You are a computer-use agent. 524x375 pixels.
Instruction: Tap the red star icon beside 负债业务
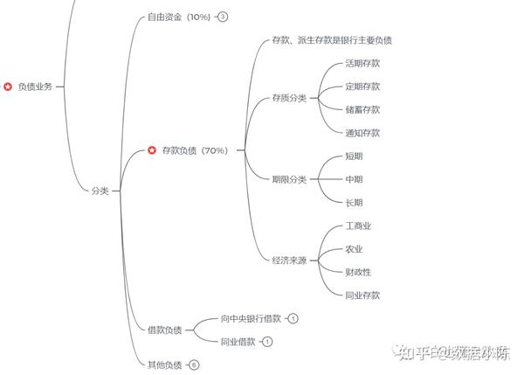(x=8, y=87)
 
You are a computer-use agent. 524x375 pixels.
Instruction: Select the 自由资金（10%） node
(x=179, y=17)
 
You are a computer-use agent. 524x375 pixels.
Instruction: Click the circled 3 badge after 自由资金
(x=223, y=17)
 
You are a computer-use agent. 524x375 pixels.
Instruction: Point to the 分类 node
(x=100, y=191)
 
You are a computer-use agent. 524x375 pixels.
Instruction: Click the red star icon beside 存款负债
(x=152, y=150)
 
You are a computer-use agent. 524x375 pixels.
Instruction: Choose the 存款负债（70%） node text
(x=195, y=150)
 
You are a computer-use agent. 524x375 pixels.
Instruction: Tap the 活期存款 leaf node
(x=362, y=64)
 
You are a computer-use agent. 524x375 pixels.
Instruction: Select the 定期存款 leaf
(x=362, y=87)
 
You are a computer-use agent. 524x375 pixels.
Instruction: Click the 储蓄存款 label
(x=362, y=109)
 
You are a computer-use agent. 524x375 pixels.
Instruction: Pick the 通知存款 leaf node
(x=362, y=133)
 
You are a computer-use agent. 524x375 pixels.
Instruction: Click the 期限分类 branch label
(x=289, y=179)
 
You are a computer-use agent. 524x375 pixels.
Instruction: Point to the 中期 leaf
(x=354, y=179)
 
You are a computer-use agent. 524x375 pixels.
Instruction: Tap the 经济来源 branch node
(x=289, y=260)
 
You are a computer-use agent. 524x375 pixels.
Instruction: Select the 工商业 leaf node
(x=358, y=226)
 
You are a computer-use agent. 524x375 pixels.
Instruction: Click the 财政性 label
(x=358, y=272)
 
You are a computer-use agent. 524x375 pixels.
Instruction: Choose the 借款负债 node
(x=165, y=330)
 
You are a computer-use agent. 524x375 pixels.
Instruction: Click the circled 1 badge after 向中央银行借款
(x=293, y=318)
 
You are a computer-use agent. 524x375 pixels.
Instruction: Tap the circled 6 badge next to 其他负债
(x=194, y=365)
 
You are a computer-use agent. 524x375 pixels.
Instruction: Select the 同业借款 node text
(x=238, y=341)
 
